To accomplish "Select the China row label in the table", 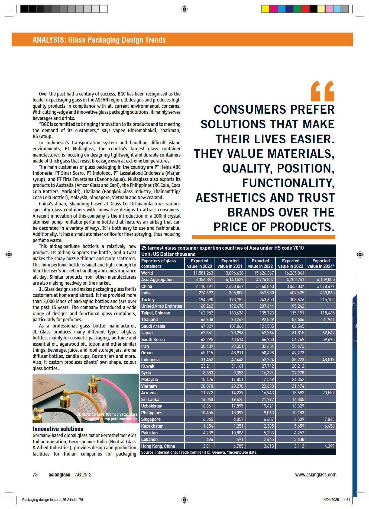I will coord(147,286).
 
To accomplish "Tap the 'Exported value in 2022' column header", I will coord(260,263).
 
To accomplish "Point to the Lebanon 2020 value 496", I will coord(209,439).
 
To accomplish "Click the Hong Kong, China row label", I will coord(158,446).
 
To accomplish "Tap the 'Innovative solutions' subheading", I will coord(58,429).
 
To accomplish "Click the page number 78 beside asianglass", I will coord(35,475).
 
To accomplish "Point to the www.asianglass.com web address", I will coord(316,475).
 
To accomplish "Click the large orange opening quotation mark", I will coord(322,91).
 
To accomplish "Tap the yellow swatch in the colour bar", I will coord(266,9).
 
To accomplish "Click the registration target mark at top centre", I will coord(184,9).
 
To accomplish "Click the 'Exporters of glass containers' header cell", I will coord(158,263).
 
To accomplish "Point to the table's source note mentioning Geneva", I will coord(199,452).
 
